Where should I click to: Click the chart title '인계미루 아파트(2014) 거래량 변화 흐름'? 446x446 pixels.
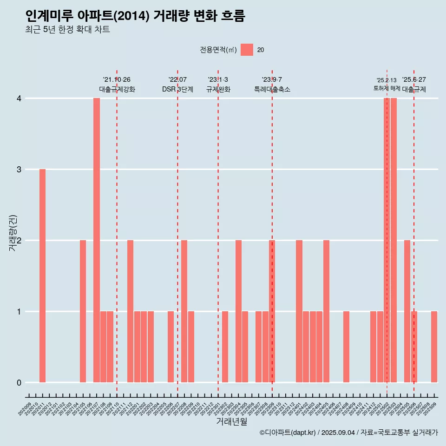click(135, 16)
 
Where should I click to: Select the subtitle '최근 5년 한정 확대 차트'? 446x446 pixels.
click(68, 30)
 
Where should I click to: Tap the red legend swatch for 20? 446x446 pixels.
click(247, 50)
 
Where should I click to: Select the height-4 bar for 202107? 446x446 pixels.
click(97, 240)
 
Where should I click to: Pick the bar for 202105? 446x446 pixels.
click(83, 311)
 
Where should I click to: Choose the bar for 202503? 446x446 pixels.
click(394, 240)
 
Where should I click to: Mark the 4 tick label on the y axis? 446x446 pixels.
click(19, 98)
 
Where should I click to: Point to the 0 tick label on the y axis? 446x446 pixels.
click(19, 382)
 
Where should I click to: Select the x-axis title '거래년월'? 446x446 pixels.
click(231, 422)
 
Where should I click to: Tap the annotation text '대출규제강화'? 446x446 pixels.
click(117, 89)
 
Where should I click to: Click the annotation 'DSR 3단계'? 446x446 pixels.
click(177, 89)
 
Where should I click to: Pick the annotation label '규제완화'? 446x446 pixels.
click(218, 89)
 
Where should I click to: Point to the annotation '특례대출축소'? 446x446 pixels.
click(272, 89)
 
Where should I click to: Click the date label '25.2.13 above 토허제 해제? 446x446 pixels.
click(387, 80)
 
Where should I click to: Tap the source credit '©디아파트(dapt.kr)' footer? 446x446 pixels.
click(288, 433)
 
